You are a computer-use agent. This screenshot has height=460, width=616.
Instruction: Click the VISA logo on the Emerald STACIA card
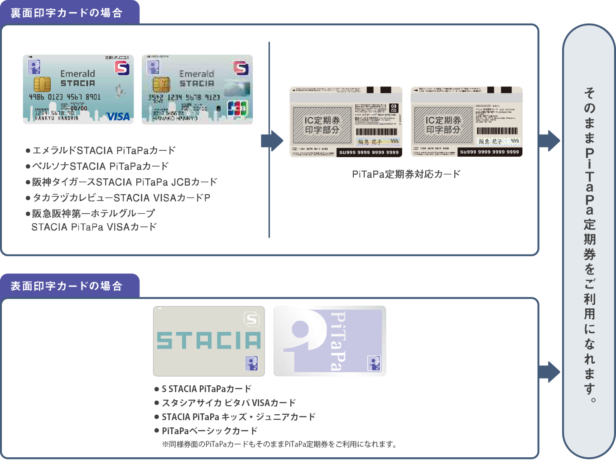click(118, 117)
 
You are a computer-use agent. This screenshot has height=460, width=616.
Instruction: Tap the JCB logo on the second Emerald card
click(237, 108)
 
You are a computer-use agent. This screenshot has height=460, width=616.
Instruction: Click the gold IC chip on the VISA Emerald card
click(42, 84)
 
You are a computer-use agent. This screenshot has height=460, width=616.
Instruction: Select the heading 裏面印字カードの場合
click(67, 13)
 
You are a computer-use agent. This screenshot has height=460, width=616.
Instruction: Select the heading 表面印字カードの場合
click(67, 286)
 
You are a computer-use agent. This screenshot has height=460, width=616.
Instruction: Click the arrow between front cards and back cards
click(272, 141)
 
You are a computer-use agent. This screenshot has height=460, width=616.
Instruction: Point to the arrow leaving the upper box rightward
click(549, 141)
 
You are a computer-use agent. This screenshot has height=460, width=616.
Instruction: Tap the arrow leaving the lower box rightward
click(549, 372)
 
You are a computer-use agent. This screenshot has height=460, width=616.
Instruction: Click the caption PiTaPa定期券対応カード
click(406, 174)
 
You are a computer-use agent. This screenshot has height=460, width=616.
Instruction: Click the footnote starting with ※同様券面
click(279, 444)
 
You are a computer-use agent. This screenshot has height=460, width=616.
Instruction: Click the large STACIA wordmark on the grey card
click(209, 340)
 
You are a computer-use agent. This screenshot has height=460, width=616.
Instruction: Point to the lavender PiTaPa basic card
click(330, 341)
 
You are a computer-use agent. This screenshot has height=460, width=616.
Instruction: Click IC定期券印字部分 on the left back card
click(322, 125)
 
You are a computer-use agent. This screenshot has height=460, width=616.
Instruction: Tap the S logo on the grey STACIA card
click(251, 319)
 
